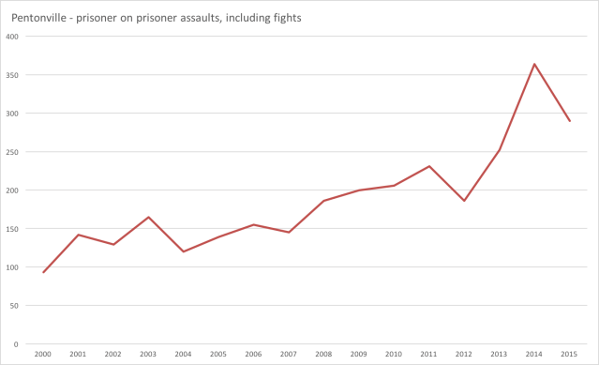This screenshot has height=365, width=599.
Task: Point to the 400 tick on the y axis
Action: point(11,37)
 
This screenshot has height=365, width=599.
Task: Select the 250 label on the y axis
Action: point(11,152)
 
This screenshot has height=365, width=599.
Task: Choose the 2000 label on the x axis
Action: point(43,354)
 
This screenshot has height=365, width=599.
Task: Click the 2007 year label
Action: point(289,354)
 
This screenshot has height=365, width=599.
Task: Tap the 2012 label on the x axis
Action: point(463,354)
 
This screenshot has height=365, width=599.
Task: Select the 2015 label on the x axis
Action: point(569,354)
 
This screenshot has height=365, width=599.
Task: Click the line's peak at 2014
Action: point(534,64)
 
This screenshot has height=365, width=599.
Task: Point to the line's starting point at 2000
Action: point(43,272)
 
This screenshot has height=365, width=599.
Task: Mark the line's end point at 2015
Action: point(569,121)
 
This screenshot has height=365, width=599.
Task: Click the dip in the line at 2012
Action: point(463,201)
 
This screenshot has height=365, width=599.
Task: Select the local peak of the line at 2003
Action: point(148,217)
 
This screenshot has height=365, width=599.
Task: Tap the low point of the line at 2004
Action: point(184,251)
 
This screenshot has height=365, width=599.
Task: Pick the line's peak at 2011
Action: point(428,166)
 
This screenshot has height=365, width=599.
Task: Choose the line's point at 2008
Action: point(323,201)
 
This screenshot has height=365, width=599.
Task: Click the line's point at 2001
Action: point(78,235)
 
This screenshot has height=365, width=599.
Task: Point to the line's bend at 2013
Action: point(499,150)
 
